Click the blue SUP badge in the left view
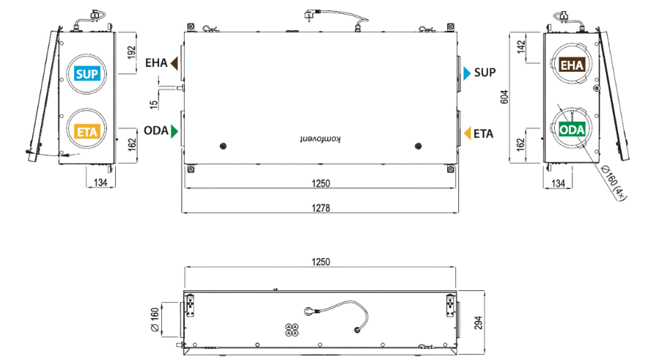pyautogui.click(x=87, y=73)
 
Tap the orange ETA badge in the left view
pyautogui.click(x=87, y=131)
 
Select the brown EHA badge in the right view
pyautogui.click(x=572, y=65)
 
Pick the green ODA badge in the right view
pyautogui.click(x=572, y=129)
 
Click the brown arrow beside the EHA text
pyautogui.click(x=174, y=63)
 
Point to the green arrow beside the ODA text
pyautogui.click(x=174, y=131)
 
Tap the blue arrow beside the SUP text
pyautogui.click(x=467, y=73)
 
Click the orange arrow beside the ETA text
pyautogui.click(x=468, y=133)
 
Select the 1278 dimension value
pyautogui.click(x=321, y=207)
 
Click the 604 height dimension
pyautogui.click(x=504, y=97)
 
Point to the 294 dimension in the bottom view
pyautogui.click(x=479, y=323)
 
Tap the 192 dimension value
pyautogui.click(x=132, y=52)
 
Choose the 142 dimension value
pyautogui.click(x=521, y=46)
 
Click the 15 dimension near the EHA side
pyautogui.click(x=154, y=104)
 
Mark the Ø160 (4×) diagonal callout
pyautogui.click(x=613, y=183)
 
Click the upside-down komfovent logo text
pyautogui.click(x=321, y=139)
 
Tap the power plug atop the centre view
pyautogui.click(x=311, y=16)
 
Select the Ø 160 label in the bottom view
pyautogui.click(x=154, y=320)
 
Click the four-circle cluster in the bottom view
pyautogui.click(x=292, y=330)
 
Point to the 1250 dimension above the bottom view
pyautogui.click(x=321, y=262)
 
